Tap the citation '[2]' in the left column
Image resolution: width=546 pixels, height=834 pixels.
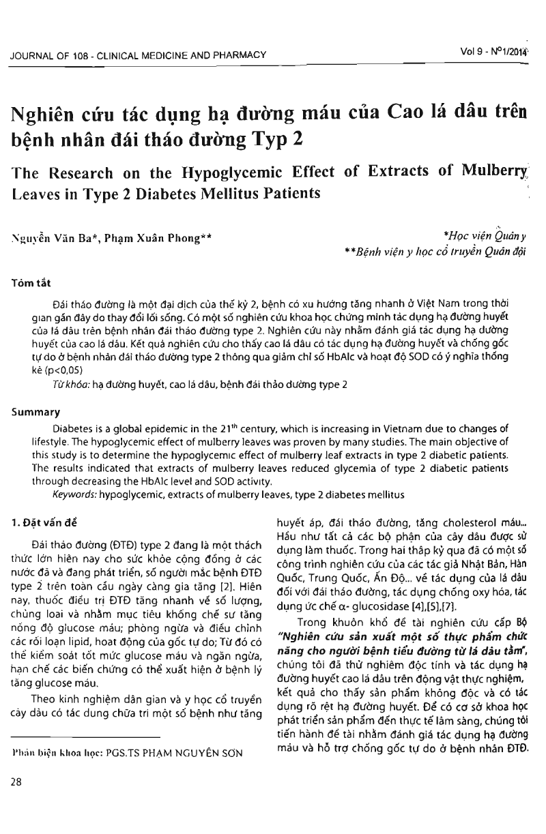[x=229, y=567]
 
